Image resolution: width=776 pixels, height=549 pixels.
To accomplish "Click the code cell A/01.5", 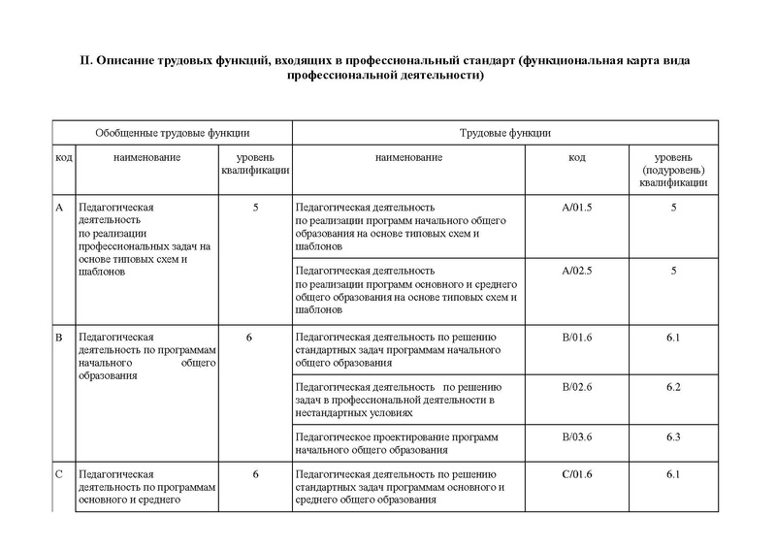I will coord(576,208).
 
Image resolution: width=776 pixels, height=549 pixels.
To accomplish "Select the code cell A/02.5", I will coord(576,270).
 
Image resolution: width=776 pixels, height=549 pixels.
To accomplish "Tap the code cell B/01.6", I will coord(576,337).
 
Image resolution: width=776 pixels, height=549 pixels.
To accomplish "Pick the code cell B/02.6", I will coord(576,388).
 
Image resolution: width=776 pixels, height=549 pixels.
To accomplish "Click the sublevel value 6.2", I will coord(673,388).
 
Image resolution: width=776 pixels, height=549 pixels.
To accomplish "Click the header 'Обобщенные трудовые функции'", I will coord(173,132).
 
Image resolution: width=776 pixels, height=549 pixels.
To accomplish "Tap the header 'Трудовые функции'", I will coord(504,132).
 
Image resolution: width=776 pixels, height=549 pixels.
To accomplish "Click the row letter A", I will coord(59,208).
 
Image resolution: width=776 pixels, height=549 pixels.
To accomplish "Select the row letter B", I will coord(59,337).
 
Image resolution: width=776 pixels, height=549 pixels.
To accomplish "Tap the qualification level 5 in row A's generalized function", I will coord(255,208).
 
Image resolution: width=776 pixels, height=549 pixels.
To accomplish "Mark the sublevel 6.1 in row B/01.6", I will coord(673,337).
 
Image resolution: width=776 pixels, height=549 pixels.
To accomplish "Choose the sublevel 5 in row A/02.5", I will coord(673,270).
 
